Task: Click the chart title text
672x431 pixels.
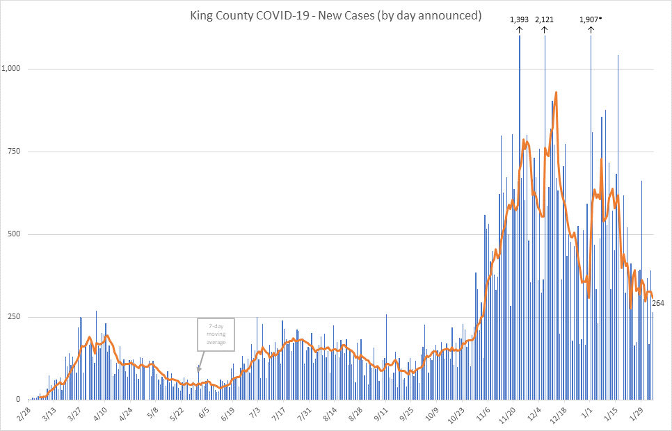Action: click(336, 15)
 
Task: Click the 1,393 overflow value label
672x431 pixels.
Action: click(519, 19)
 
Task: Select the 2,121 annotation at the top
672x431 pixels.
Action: click(544, 19)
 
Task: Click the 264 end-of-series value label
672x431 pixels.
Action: click(658, 302)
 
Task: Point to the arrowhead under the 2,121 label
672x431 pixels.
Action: click(544, 29)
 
